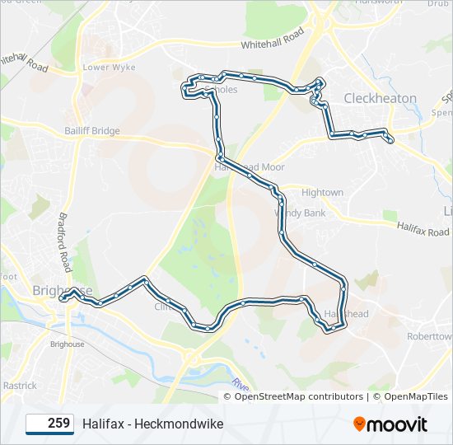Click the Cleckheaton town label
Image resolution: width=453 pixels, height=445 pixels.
(380, 98)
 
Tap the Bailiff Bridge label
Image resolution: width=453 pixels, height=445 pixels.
(92, 131)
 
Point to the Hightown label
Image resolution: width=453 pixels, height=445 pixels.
(322, 193)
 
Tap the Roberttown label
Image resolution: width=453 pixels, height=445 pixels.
(427, 337)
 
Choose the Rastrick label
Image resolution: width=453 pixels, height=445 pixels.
(19, 385)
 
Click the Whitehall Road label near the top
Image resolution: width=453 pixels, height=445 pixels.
(272, 39)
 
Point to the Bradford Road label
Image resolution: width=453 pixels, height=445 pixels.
(65, 242)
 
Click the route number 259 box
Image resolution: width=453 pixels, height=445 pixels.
(49, 424)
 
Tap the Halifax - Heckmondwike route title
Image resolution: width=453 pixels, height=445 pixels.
(152, 424)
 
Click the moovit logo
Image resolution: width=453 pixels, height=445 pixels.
(390, 424)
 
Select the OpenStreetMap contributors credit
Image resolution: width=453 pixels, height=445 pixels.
(293, 396)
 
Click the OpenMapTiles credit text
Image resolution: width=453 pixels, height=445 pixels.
(415, 396)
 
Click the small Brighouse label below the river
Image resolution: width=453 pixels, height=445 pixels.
(67, 344)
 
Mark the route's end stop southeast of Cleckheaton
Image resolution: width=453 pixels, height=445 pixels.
(390, 141)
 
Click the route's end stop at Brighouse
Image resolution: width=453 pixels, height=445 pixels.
(62, 300)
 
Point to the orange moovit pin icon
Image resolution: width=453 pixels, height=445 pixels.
(360, 424)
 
